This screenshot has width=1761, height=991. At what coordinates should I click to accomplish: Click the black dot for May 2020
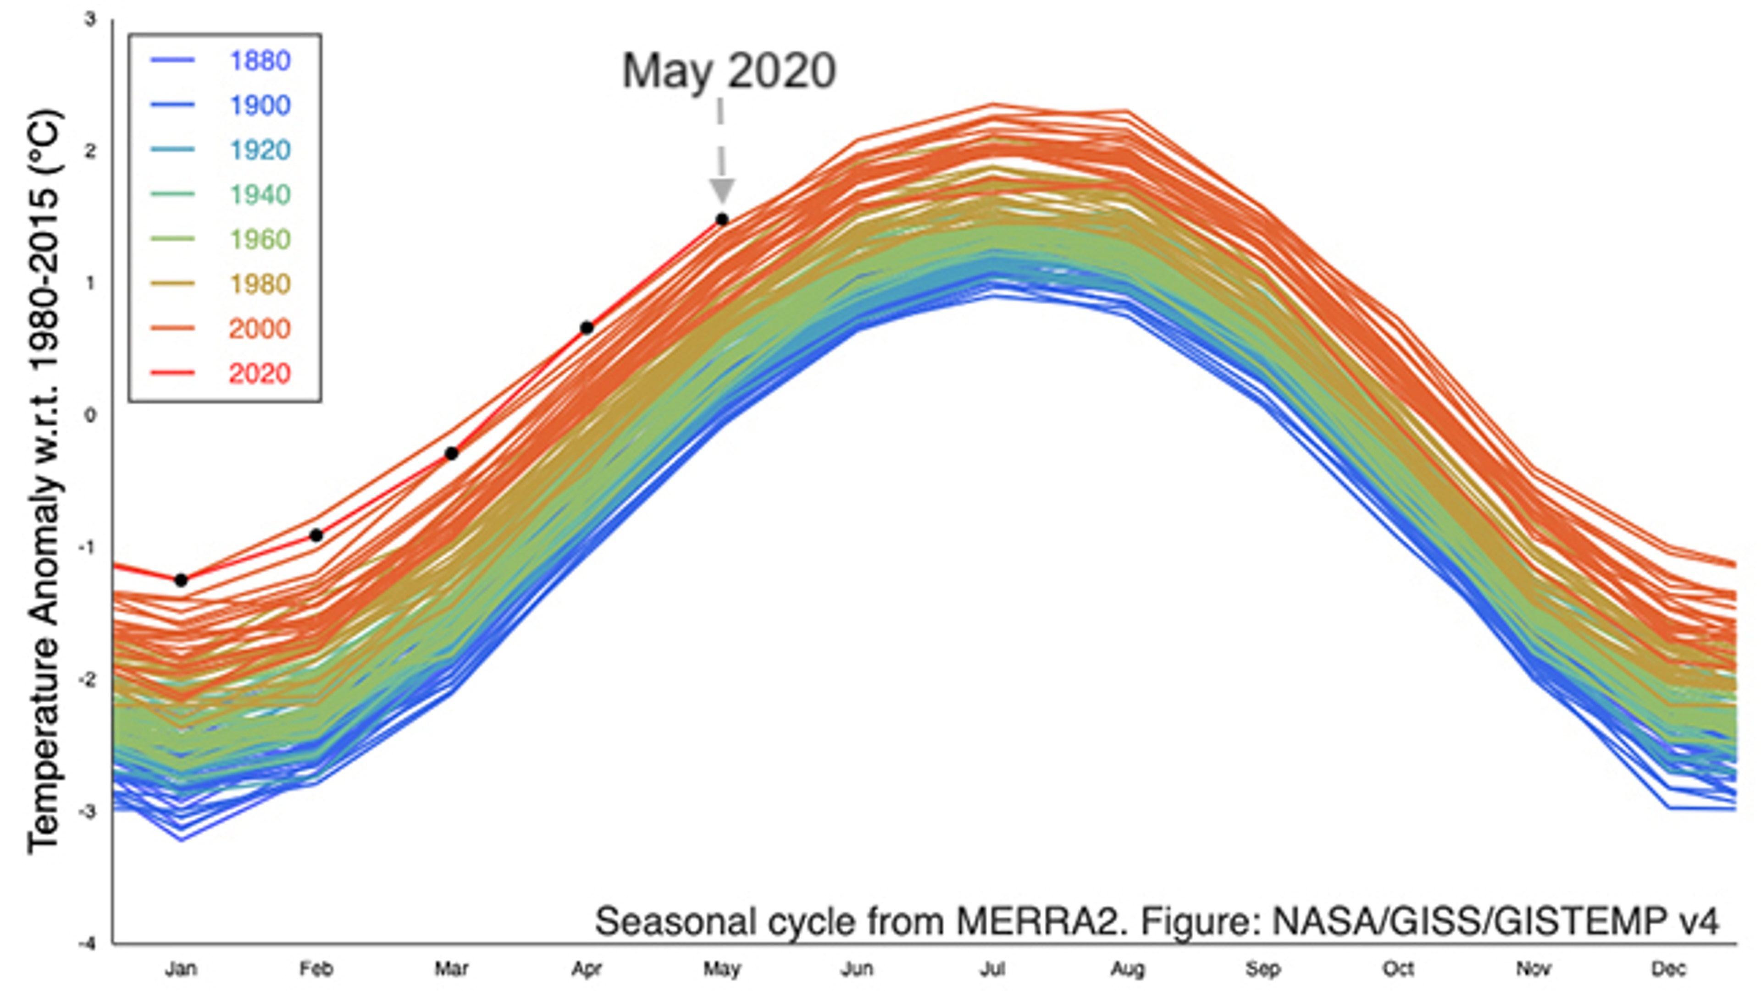(x=722, y=220)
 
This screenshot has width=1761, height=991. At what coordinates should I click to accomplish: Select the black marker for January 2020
(x=181, y=580)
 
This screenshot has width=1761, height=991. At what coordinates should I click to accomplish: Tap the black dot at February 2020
(x=316, y=535)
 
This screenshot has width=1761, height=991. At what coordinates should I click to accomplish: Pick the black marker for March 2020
(x=451, y=453)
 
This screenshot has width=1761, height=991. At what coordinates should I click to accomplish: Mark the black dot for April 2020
(x=587, y=328)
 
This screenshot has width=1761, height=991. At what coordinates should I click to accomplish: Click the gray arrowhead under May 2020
(x=722, y=191)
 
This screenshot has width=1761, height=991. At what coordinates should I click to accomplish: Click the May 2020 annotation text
(x=729, y=71)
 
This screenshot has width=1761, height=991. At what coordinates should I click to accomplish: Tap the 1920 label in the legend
(x=260, y=150)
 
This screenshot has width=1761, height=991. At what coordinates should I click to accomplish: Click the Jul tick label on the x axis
(x=992, y=969)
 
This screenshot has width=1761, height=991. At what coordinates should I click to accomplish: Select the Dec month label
(x=1668, y=969)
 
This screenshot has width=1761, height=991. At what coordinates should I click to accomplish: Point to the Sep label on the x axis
(x=1262, y=969)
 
